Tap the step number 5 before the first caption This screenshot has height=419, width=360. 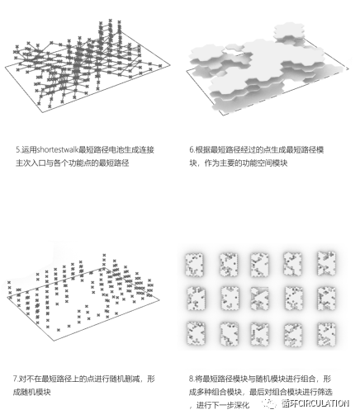(x=17, y=150)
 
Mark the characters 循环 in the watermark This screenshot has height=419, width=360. (x=291, y=404)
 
